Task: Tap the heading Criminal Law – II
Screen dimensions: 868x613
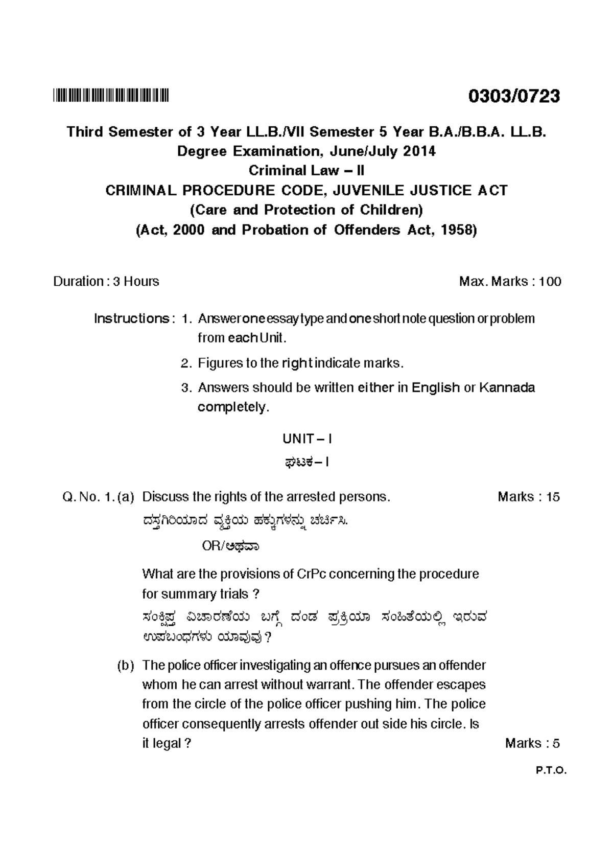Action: pyautogui.click(x=306, y=170)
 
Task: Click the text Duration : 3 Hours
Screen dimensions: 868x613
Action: pyautogui.click(x=106, y=281)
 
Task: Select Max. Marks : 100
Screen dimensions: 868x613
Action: pyautogui.click(x=510, y=281)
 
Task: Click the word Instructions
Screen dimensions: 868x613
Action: pyautogui.click(x=131, y=318)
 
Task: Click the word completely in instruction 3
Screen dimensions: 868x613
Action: pyautogui.click(x=232, y=407)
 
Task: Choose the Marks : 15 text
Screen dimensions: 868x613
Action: pyautogui.click(x=528, y=497)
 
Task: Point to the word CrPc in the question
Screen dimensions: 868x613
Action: pyautogui.click(x=311, y=574)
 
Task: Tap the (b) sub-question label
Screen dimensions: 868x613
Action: pyautogui.click(x=125, y=665)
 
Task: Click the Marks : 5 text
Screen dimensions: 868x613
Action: pyautogui.click(x=532, y=743)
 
